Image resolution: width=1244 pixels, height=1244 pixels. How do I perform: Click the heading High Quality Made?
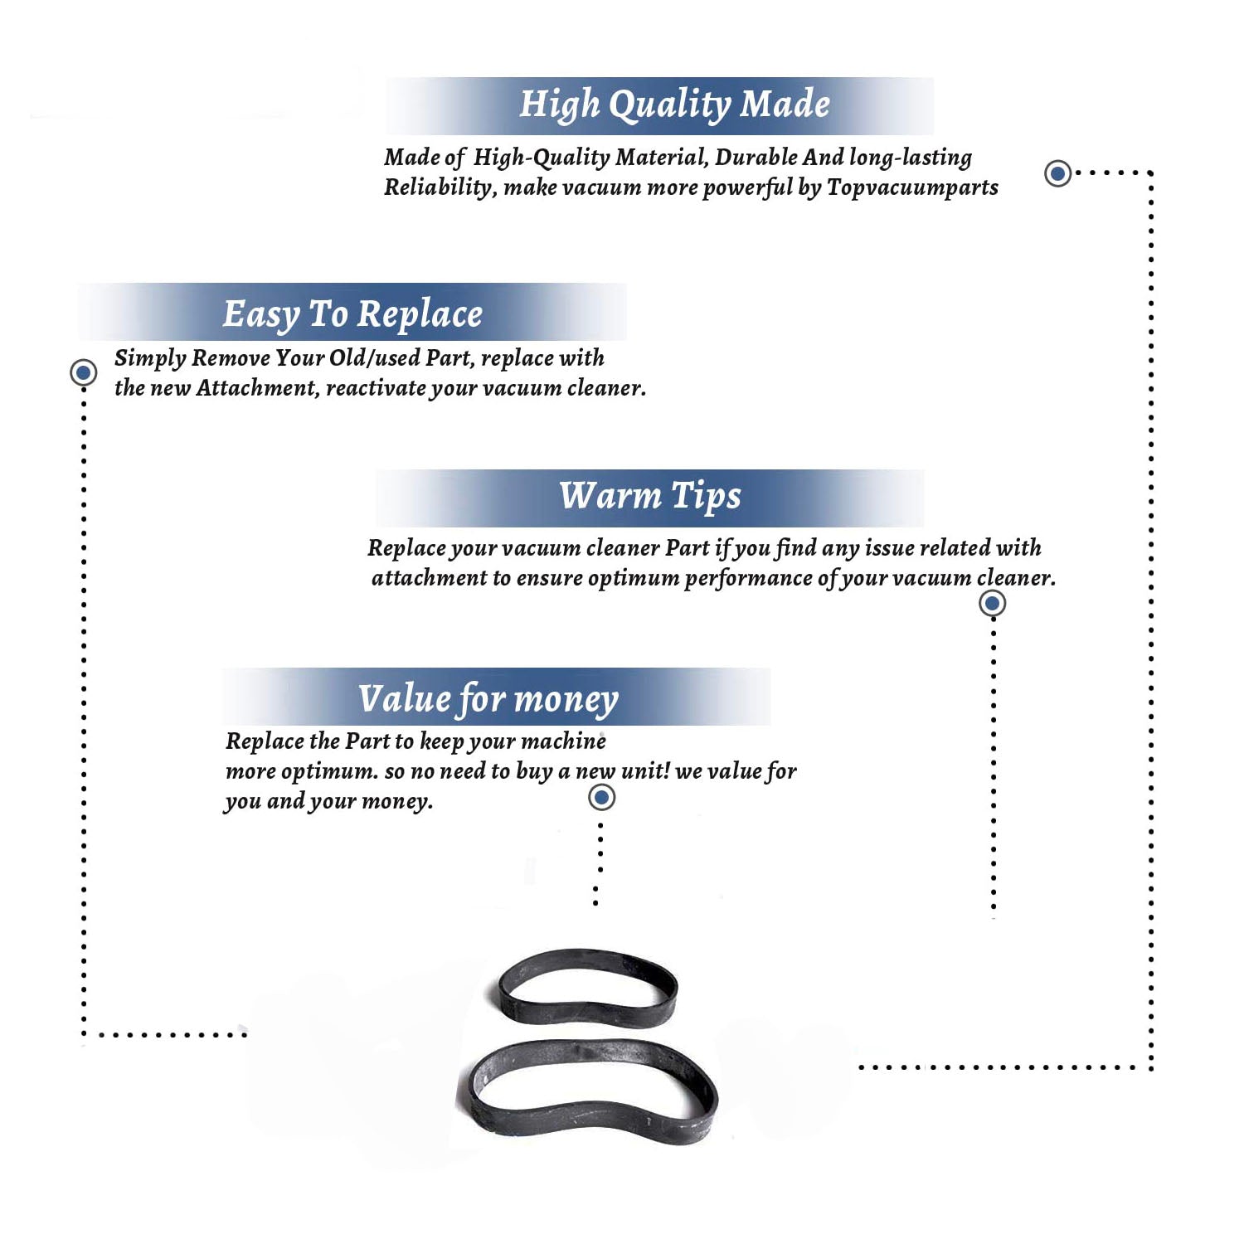click(x=674, y=105)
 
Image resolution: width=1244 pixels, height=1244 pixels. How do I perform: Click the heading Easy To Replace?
click(x=352, y=314)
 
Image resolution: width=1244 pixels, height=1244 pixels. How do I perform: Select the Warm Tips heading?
click(x=649, y=496)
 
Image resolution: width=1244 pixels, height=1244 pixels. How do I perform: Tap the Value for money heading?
click(x=488, y=698)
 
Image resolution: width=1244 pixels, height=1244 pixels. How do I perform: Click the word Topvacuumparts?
click(x=912, y=187)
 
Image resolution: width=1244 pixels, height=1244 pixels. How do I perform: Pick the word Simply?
click(x=149, y=358)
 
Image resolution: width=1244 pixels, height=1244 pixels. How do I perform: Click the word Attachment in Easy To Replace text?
click(x=257, y=388)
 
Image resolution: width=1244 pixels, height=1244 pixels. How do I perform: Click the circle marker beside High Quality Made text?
click(x=1057, y=173)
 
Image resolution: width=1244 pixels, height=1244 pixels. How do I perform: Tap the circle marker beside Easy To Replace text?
click(x=83, y=372)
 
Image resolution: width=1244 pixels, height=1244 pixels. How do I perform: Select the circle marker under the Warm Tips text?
click(x=992, y=603)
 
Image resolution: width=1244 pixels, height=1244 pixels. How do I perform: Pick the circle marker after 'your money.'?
click(x=601, y=798)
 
